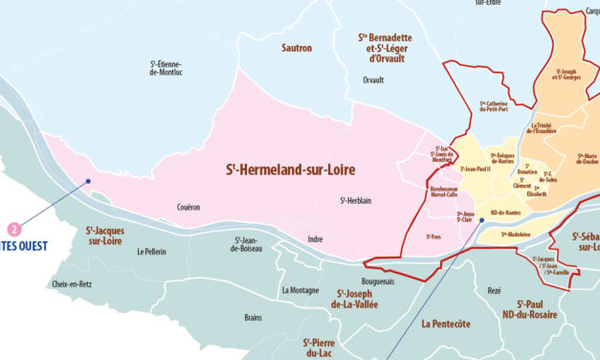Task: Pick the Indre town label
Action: coord(315,238)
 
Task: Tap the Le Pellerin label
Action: coord(153,252)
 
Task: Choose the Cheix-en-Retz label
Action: coord(73,284)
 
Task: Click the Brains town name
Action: coord(253,317)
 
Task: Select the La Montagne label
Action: coord(300,289)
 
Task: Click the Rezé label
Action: coord(494,289)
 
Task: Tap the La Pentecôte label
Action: coord(445,324)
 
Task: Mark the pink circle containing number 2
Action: coord(14,229)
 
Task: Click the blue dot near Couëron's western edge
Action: coord(88,180)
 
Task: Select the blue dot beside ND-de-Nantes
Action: coord(481,219)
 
